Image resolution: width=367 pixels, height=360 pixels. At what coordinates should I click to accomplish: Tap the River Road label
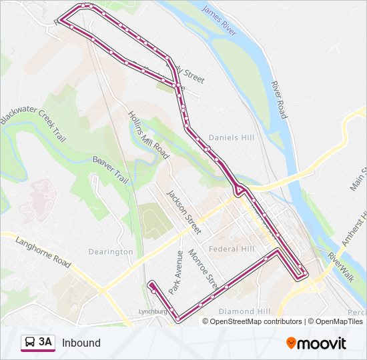tap(279, 100)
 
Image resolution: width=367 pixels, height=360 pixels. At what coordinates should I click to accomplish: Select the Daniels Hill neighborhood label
tap(230, 138)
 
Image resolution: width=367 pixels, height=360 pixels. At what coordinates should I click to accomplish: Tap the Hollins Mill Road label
tap(148, 133)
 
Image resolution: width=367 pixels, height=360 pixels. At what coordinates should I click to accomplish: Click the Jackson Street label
tap(183, 213)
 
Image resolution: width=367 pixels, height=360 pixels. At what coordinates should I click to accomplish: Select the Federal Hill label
tap(232, 249)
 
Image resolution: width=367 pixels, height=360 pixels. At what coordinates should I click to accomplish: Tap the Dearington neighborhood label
tap(111, 252)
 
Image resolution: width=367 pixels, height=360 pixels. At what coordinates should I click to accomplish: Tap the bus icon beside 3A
tap(30, 343)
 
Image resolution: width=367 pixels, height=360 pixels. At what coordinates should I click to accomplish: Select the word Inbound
tap(81, 343)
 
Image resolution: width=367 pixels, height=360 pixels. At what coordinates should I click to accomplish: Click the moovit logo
tap(316, 343)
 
